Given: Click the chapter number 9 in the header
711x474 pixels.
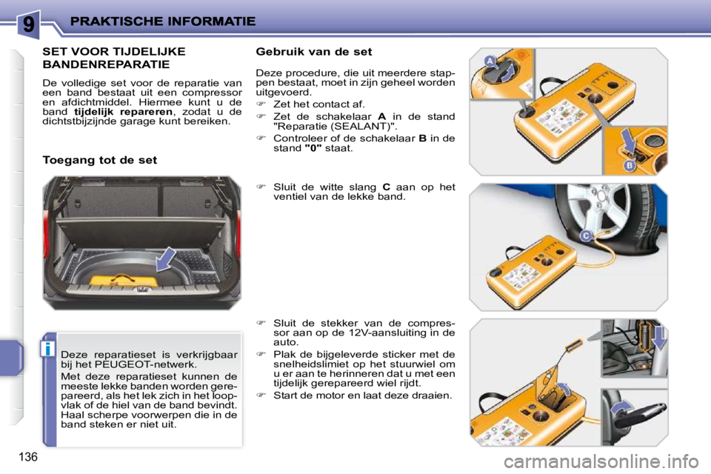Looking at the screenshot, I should pos(27,24).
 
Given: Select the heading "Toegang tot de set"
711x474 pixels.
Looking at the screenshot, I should pos(100,159).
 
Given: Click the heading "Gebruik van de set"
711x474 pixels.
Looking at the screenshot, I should pos(313,52).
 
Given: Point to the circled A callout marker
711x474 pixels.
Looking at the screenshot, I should pos(490,61).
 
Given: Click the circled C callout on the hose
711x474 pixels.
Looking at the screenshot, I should pos(584,236).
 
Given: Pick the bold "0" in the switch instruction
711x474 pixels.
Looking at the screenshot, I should pos(313,147).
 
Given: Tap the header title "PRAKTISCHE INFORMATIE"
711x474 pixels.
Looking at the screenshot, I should pos(164,21).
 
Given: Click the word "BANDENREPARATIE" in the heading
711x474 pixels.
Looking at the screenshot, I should pos(107,64).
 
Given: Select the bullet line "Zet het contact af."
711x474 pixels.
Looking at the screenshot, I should pos(318,104).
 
